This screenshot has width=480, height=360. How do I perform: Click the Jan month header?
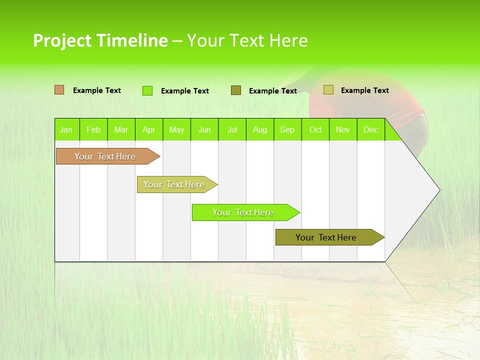66,129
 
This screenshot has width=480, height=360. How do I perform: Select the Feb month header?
93,129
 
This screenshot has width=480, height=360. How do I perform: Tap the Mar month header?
121,129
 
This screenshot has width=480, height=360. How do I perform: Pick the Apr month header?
149,129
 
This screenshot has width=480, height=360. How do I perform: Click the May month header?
176,129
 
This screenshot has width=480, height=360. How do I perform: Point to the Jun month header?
204,129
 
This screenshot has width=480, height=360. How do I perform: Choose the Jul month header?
232,129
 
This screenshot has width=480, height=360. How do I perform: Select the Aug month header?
260,129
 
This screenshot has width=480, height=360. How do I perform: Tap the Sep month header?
287,129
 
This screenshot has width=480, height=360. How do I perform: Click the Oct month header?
315,129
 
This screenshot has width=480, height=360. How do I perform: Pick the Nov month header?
343,129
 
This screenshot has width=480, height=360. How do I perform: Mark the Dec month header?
370,129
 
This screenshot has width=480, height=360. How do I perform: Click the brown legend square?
59,90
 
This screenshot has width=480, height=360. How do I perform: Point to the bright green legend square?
147,90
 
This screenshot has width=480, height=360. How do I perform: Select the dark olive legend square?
236,90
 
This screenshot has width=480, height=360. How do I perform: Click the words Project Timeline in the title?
100,40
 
